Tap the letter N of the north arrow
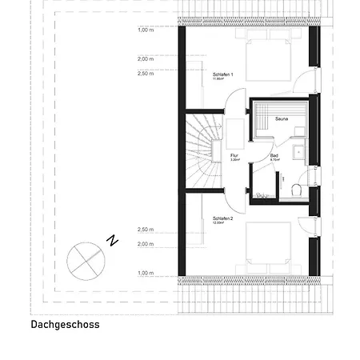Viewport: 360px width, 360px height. (x=114, y=239)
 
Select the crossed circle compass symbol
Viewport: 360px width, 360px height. (x=84, y=258)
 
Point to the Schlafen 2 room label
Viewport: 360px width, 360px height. (x=222, y=218)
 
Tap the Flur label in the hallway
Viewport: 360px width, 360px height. (x=235, y=156)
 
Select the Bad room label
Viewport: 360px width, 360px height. (x=274, y=155)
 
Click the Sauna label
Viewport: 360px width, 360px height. (x=281, y=118)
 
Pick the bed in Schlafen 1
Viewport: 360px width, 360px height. (x=258, y=58)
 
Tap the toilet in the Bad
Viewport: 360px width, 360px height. (x=295, y=189)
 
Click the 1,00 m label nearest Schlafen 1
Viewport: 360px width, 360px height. (x=145, y=30)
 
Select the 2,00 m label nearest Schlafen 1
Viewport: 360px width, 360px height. (x=145, y=58)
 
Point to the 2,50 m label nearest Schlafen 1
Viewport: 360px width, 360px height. (x=145, y=73)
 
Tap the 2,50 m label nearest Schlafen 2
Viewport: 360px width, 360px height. (x=145, y=230)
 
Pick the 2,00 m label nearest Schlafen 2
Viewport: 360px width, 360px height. (x=145, y=244)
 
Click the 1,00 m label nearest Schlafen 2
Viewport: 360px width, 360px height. (x=145, y=273)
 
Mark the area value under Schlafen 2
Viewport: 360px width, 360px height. (x=221, y=223)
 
